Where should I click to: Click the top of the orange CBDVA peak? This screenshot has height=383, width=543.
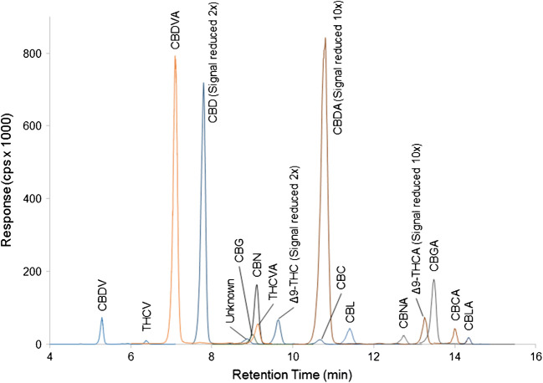175,58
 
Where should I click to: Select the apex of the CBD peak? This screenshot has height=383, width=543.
203,84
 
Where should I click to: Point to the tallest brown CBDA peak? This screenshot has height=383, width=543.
325,38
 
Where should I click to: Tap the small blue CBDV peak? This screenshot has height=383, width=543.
102,319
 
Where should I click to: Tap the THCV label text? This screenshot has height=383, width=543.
146,321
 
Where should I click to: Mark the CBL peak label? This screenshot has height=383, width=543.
350,310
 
